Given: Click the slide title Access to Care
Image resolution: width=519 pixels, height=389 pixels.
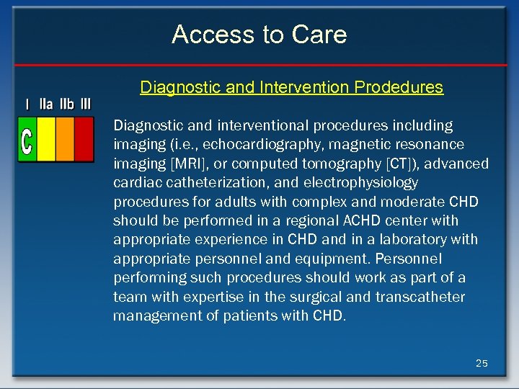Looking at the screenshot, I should pyautogui.click(x=259, y=35).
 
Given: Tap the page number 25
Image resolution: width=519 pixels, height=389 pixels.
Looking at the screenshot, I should pyautogui.click(x=482, y=363).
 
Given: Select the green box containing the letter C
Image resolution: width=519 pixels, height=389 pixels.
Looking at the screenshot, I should pyautogui.click(x=27, y=140).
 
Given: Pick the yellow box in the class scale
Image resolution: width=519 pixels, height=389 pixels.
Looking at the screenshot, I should pyautogui.click(x=46, y=140).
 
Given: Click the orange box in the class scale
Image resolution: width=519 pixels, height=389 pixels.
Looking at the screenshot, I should pyautogui.click(x=65, y=140).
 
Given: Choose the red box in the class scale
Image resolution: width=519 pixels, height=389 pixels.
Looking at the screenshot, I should pyautogui.click(x=84, y=140).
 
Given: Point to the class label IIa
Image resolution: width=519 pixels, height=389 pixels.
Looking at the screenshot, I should pyautogui.click(x=45, y=104).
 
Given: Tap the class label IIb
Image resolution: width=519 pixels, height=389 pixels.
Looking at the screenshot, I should pyautogui.click(x=66, y=104).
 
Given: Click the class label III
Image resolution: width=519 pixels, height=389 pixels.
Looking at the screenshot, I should pyautogui.click(x=86, y=104).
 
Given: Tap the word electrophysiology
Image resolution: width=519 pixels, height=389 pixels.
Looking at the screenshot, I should pyautogui.click(x=355, y=183).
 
